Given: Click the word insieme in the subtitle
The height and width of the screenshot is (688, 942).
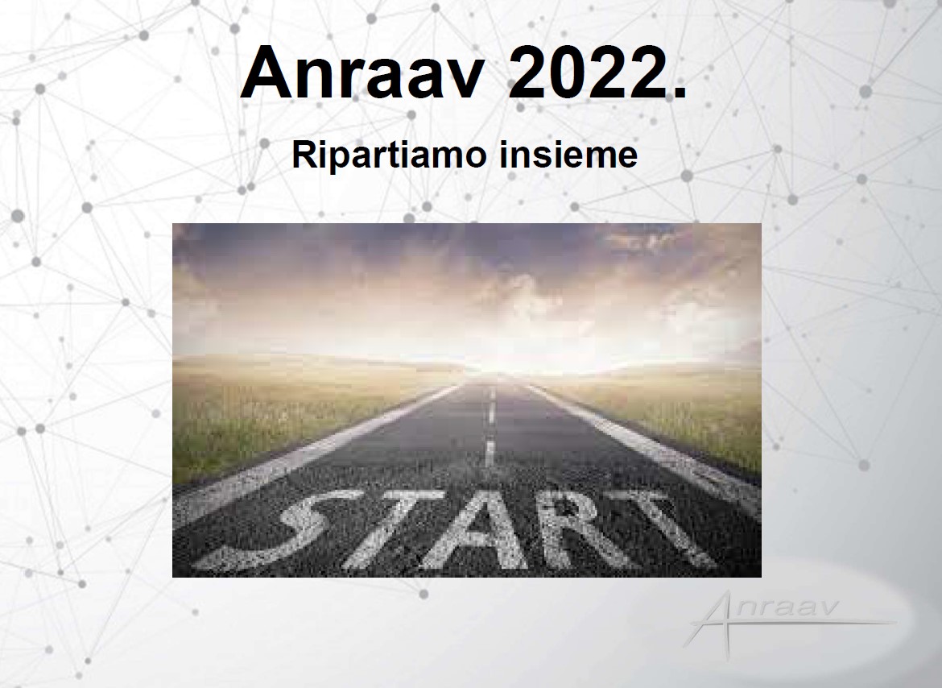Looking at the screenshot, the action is click(x=568, y=154).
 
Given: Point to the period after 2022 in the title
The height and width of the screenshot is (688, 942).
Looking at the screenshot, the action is click(x=679, y=92).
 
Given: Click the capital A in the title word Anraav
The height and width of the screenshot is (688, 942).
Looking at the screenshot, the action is click(x=267, y=72).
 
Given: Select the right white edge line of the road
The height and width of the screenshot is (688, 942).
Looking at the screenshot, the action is click(x=642, y=441).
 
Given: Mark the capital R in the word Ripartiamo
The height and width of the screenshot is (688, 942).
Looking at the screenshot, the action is click(x=304, y=155).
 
